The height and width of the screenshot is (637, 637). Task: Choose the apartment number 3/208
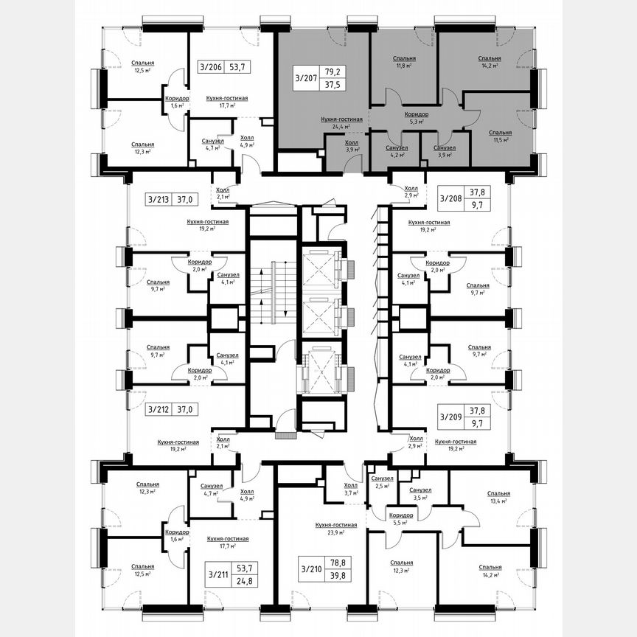tap(451, 198)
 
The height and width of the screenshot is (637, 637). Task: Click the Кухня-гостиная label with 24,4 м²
tap(342, 122)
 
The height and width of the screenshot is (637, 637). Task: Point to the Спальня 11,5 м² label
tap(501, 135)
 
